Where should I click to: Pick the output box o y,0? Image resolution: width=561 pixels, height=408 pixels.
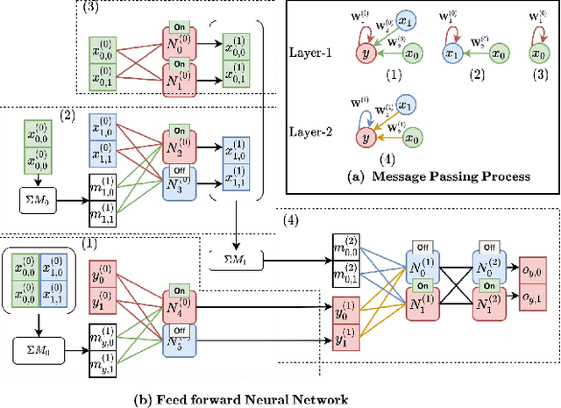(x=534, y=269)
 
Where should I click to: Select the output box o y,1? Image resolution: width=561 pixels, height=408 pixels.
(x=534, y=298)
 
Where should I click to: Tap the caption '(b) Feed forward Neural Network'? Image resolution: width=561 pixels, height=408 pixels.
(x=240, y=398)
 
